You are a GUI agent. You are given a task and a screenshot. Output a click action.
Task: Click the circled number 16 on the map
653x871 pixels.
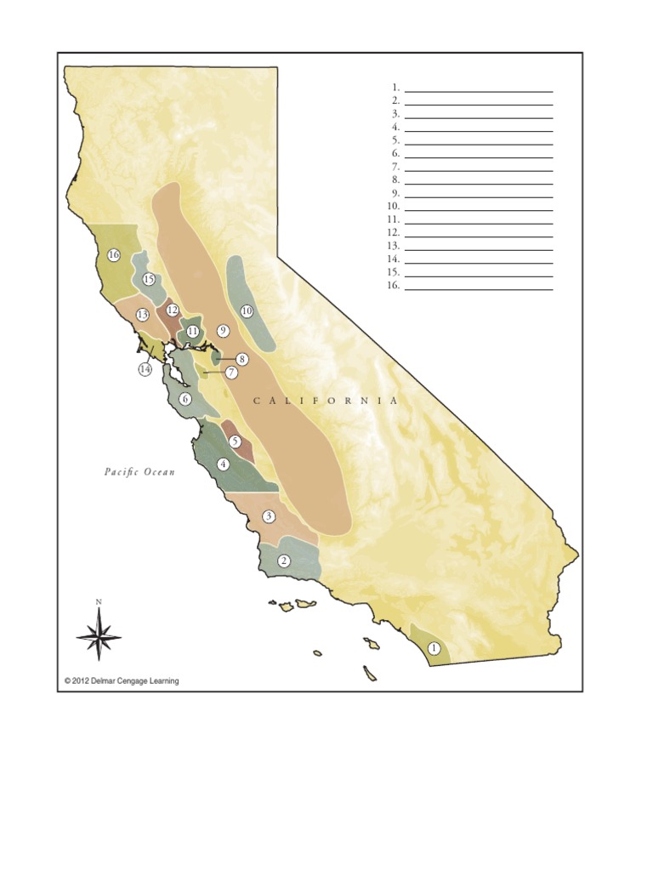[x=114, y=255]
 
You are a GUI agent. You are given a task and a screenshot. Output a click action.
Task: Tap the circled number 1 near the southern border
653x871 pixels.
[x=434, y=648]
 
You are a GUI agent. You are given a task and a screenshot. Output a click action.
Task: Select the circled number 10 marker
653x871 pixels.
[x=247, y=311]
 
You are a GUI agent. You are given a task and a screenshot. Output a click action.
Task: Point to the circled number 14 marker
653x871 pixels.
[x=145, y=370]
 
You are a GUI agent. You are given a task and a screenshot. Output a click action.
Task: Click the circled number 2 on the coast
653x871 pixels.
[x=284, y=561]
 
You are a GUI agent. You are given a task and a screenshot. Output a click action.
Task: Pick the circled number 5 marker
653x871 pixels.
[x=236, y=441]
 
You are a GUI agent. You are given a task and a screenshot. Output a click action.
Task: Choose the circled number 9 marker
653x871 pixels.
[x=224, y=330]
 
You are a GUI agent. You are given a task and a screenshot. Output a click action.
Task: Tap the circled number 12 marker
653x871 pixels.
[x=173, y=310]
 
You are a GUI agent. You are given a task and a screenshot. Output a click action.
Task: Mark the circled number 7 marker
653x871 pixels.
[x=231, y=373]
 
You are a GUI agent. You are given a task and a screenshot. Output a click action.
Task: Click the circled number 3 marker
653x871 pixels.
[x=269, y=516]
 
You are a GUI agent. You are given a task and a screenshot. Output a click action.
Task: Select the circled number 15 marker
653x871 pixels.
[x=149, y=279]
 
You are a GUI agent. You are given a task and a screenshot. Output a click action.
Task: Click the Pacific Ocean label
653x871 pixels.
[x=139, y=472]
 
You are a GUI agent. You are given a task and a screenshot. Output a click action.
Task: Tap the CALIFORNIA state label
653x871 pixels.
[x=325, y=401]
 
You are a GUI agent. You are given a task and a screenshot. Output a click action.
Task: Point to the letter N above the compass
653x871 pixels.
[x=99, y=602]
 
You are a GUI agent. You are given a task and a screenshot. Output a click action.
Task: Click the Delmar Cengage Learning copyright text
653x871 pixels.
[x=122, y=680]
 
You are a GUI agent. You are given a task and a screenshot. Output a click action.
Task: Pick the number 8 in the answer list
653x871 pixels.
[x=395, y=180]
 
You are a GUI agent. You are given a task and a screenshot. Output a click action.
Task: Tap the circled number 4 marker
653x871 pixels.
[x=223, y=464]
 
